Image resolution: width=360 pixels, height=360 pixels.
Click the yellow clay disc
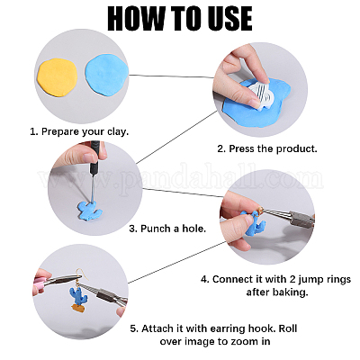[x=58, y=77]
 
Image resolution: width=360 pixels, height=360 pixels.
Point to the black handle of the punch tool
[x=94, y=156]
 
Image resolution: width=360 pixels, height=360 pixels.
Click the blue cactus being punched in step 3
[x=90, y=211]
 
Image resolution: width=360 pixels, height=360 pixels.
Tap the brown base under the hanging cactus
[x=79, y=308]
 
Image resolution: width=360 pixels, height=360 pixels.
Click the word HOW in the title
[x=134, y=18]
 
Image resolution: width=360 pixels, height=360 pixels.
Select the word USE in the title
[x=226, y=18]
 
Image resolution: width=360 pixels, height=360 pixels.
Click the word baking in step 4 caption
[x=290, y=292]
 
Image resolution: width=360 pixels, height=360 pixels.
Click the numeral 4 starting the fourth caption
[x=204, y=279]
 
